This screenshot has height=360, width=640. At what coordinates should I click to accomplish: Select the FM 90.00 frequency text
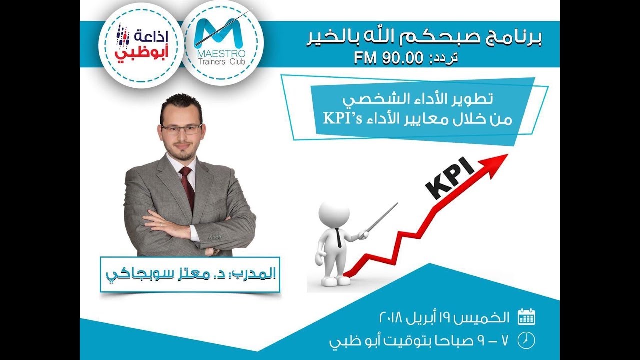click(x=381, y=58)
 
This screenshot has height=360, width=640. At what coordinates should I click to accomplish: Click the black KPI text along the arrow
click(x=450, y=178)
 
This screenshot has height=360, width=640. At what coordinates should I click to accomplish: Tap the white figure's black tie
click(x=338, y=237)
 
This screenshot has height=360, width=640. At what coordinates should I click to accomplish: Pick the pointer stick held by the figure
click(x=382, y=217)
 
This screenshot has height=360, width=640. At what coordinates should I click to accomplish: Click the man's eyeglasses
click(x=181, y=129)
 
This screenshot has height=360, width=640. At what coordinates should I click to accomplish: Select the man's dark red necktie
click(x=187, y=188)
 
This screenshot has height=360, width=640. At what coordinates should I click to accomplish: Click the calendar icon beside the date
click(x=526, y=317)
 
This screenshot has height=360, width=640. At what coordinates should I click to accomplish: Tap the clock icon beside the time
click(x=526, y=340)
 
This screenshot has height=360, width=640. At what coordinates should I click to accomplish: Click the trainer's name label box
click(x=190, y=274)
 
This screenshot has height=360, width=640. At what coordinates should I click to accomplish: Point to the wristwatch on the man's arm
click(x=215, y=251)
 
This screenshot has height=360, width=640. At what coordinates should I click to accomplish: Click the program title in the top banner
click(x=424, y=38)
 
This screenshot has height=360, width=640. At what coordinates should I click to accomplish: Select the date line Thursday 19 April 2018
click(x=445, y=317)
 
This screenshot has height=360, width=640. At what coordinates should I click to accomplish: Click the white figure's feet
click(x=336, y=281)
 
